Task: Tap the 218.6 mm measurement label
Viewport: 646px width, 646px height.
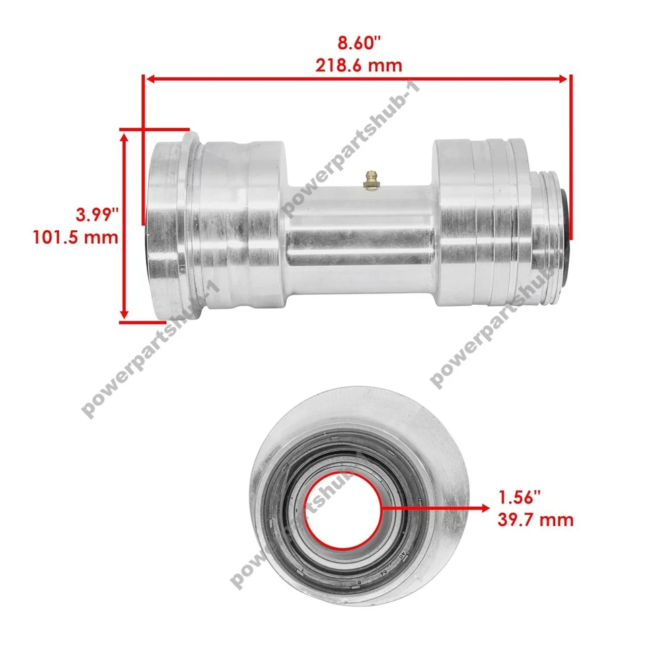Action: point(358,65)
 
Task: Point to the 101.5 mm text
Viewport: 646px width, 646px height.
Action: point(75,237)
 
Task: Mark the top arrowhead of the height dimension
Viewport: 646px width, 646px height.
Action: point(124,136)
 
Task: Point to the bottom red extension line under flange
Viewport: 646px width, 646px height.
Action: point(142,322)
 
